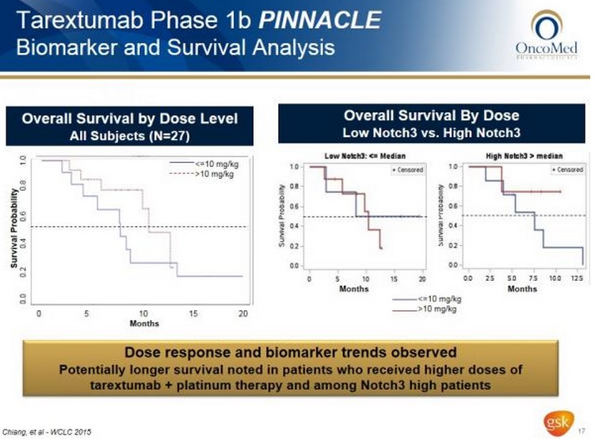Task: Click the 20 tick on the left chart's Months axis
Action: pos(242,314)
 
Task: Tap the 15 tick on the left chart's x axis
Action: pos(192,314)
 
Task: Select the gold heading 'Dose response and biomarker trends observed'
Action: pos(297,350)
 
